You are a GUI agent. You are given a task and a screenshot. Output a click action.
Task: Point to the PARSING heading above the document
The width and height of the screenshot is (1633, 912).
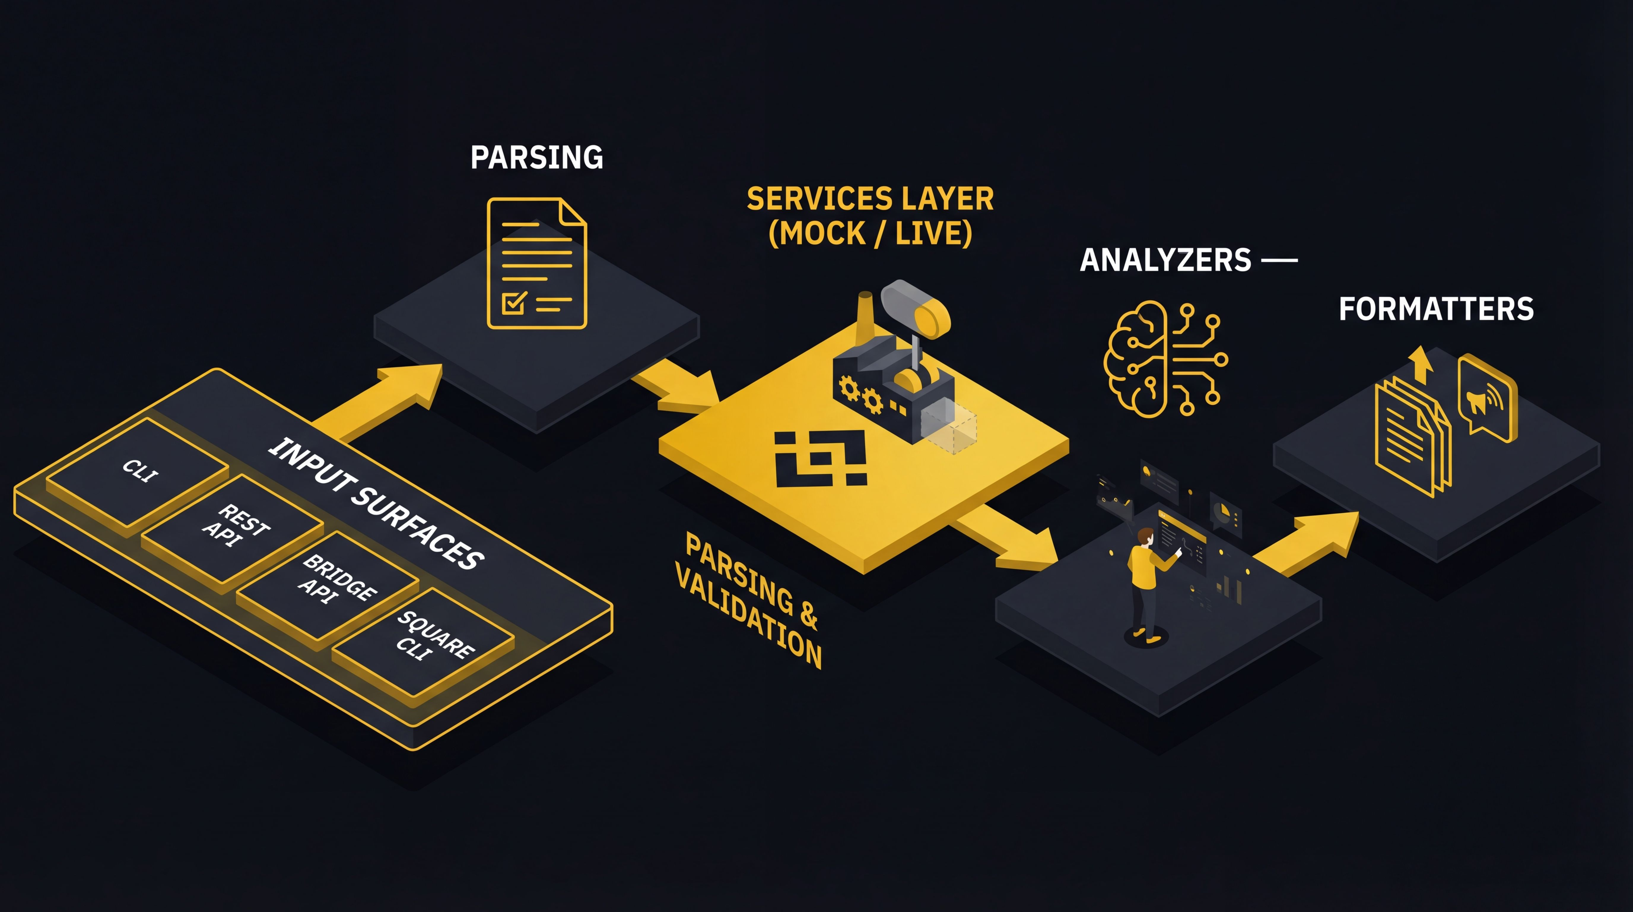tap(536, 157)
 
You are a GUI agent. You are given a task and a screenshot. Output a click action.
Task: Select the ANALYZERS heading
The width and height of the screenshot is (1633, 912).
tap(1165, 260)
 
